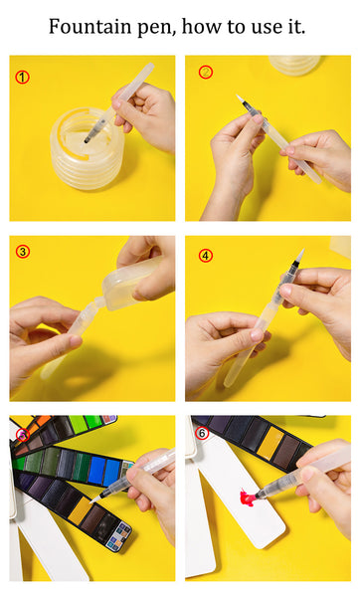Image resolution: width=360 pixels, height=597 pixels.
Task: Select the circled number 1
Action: (x=23, y=78)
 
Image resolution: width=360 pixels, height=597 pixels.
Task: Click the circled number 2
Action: (x=206, y=72)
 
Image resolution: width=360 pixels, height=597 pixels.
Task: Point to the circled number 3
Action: (x=23, y=252)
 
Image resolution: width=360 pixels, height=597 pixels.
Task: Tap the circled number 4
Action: (x=206, y=256)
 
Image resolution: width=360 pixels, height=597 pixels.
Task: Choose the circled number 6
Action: (x=202, y=433)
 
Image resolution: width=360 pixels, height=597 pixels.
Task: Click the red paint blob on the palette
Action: (x=247, y=497)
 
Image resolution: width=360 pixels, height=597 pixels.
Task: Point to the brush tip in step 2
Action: (x=240, y=99)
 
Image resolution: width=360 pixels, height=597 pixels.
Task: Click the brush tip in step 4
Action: (x=299, y=255)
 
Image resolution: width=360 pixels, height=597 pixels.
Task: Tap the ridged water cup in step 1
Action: (x=88, y=148)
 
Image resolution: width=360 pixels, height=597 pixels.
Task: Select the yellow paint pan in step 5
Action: (x=81, y=510)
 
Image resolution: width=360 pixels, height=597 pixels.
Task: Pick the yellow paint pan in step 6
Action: (x=270, y=442)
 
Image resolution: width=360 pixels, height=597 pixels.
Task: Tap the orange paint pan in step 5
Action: (x=43, y=421)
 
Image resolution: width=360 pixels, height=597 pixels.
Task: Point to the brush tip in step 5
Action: (x=94, y=499)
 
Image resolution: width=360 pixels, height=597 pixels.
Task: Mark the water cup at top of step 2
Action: (x=295, y=65)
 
